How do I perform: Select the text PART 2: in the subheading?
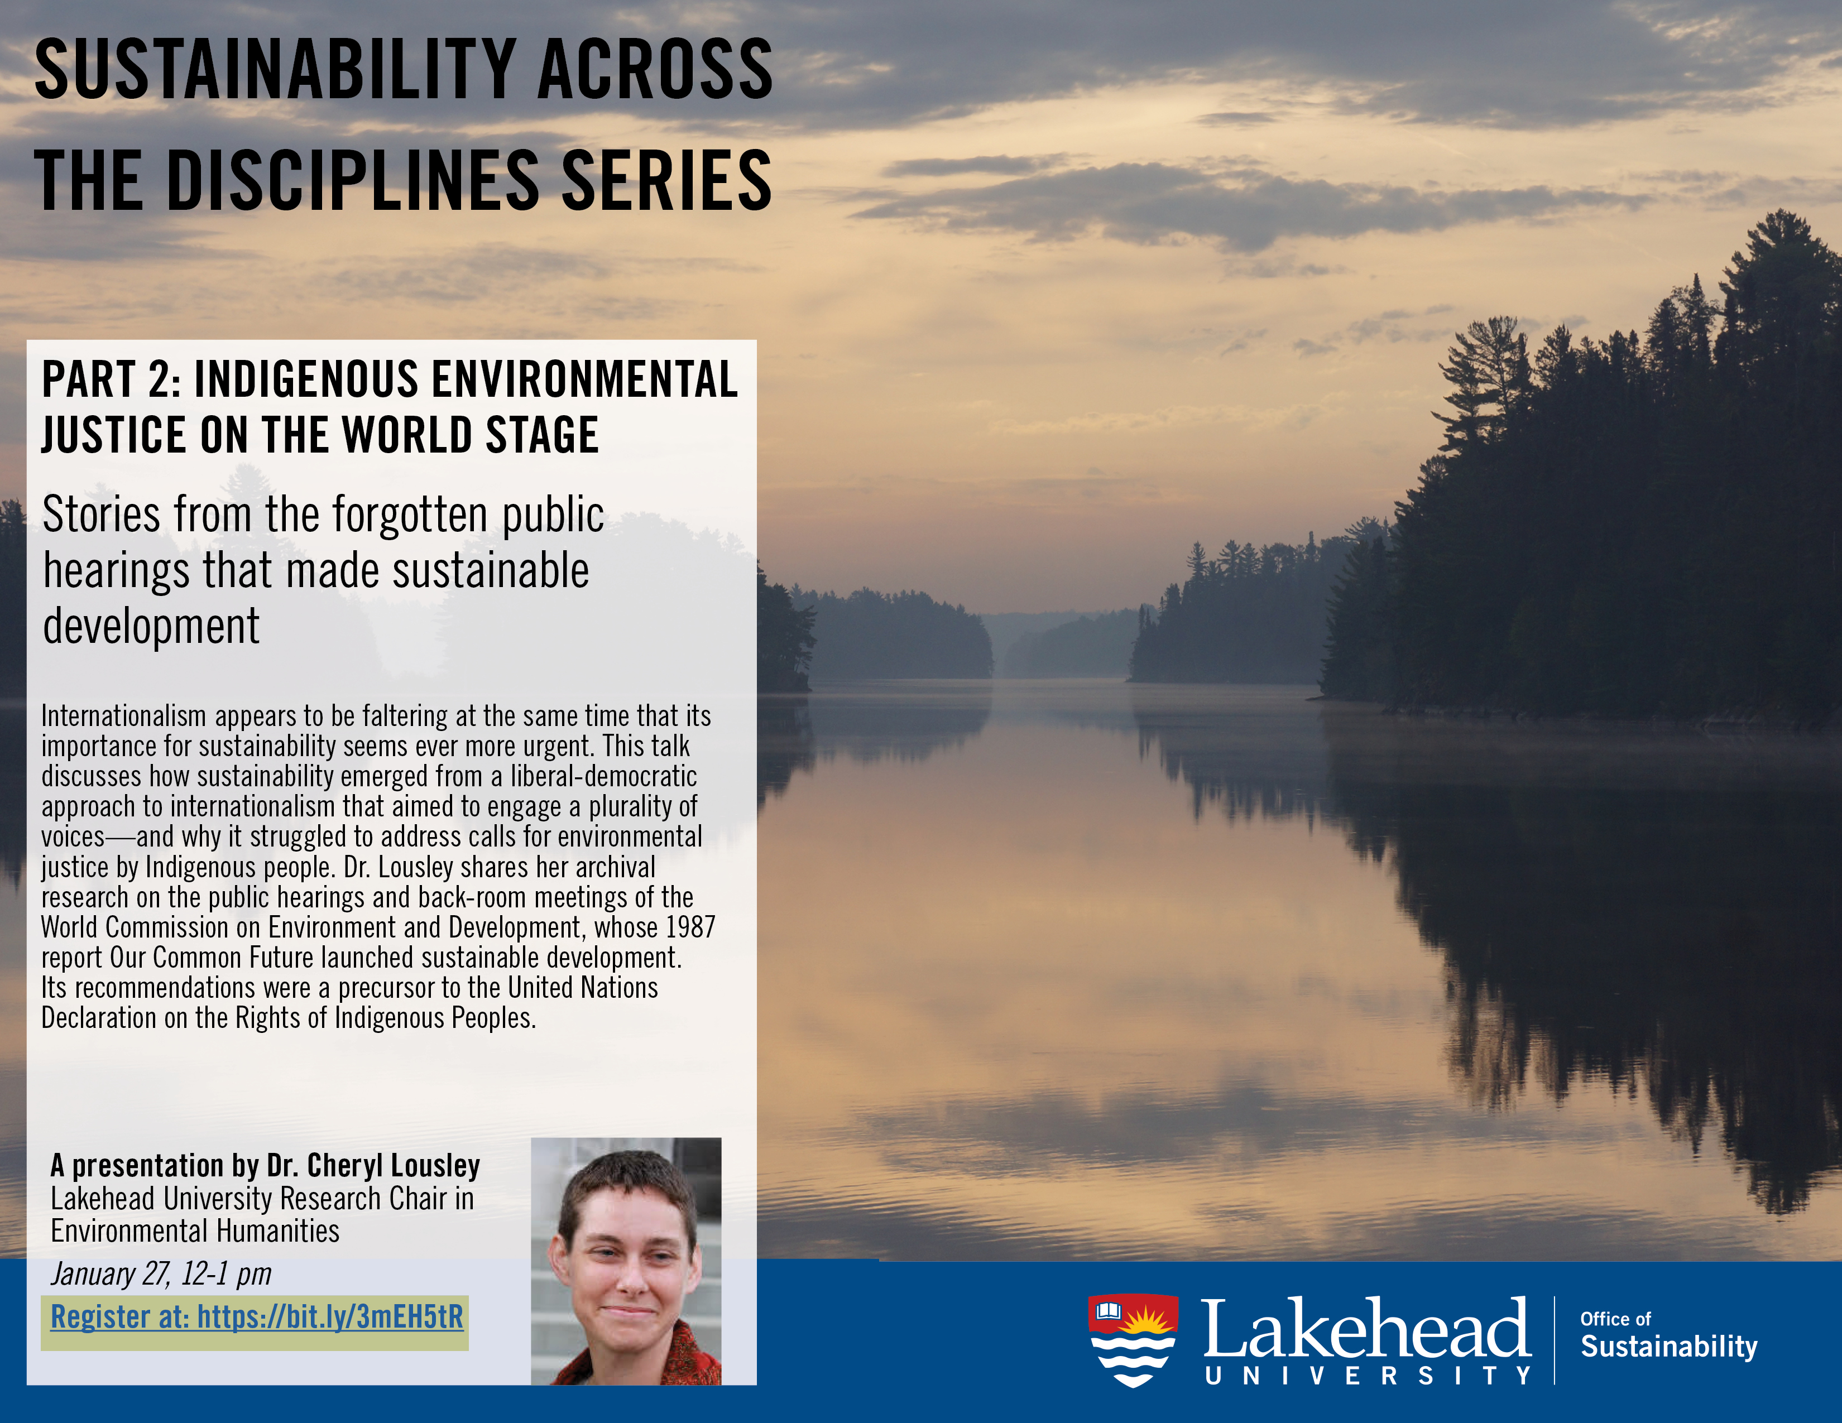tap(111, 379)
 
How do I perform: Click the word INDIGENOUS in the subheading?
tap(306, 379)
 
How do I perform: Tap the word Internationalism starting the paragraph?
tap(123, 716)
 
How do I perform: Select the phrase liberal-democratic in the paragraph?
tap(603, 776)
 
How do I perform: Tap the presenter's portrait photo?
tap(626, 1261)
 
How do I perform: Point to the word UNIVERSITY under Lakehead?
tap(1368, 1376)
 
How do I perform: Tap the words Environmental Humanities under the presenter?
tap(195, 1231)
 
